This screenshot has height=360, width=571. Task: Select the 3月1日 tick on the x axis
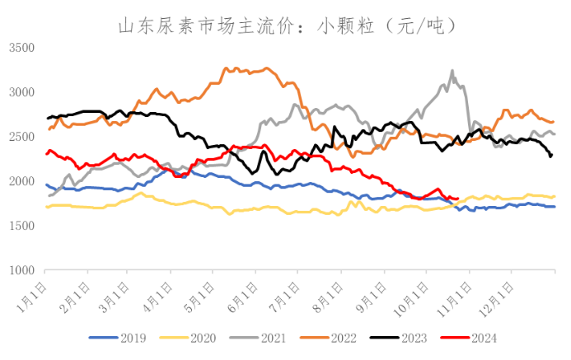click(x=117, y=292)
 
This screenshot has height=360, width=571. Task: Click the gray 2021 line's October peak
click(x=452, y=71)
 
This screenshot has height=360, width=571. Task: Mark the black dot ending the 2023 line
click(x=550, y=155)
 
